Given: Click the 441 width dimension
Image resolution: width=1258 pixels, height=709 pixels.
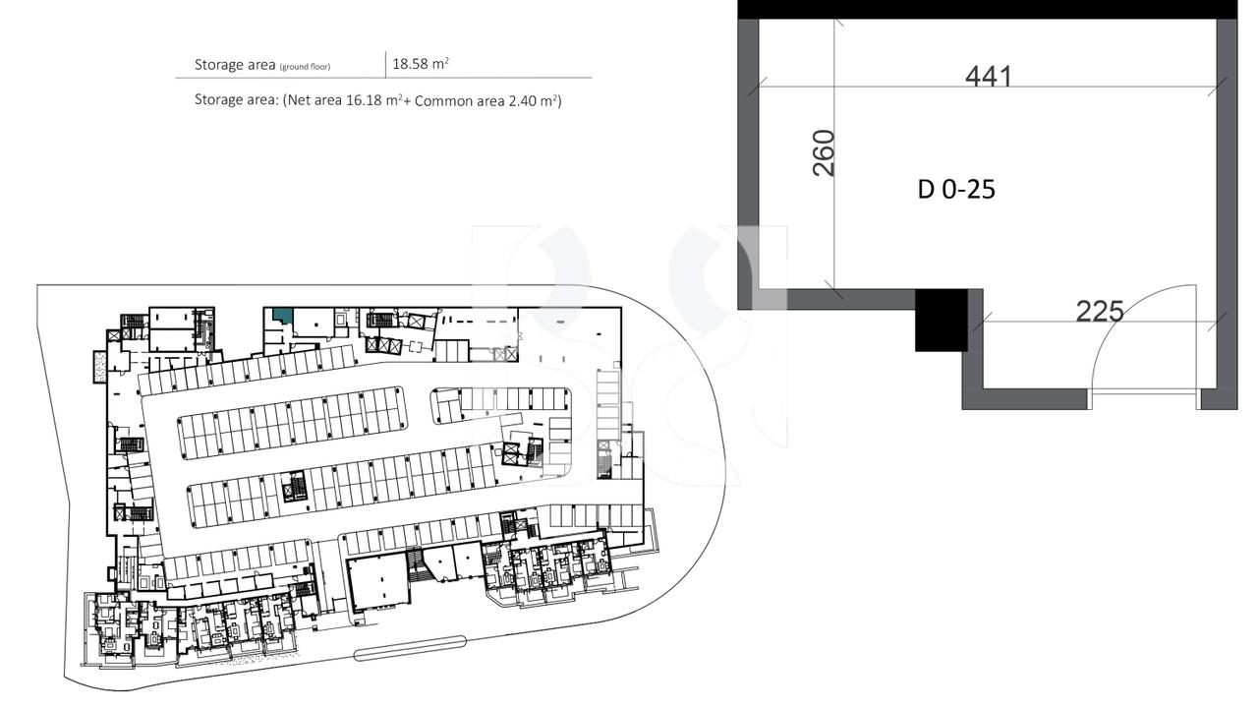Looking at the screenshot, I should coord(988,76).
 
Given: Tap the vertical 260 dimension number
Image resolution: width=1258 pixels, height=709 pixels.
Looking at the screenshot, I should coord(825,152).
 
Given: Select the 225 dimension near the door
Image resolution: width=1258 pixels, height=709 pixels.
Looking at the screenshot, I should coord(1099,311).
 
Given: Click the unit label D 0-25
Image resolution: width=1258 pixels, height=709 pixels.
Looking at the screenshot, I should coord(956,189).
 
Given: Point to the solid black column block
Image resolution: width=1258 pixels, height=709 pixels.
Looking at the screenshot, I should coord(942,320).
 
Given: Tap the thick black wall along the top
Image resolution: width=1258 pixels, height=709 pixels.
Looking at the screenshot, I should coord(987,9).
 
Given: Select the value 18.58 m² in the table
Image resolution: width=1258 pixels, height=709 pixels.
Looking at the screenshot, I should coord(421,64).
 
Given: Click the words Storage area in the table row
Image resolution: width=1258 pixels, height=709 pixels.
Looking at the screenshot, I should coord(234,65).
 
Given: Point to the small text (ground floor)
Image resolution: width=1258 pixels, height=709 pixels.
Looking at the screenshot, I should coord(305,67).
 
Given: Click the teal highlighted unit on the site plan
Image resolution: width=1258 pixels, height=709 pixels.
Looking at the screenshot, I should coord(282,315).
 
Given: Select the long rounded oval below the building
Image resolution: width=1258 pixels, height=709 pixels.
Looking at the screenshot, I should coord(409,645).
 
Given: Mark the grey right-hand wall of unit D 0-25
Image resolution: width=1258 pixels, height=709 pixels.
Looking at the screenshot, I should coord(1227,211).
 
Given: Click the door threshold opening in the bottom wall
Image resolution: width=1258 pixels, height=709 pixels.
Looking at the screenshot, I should coord(1142,399).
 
